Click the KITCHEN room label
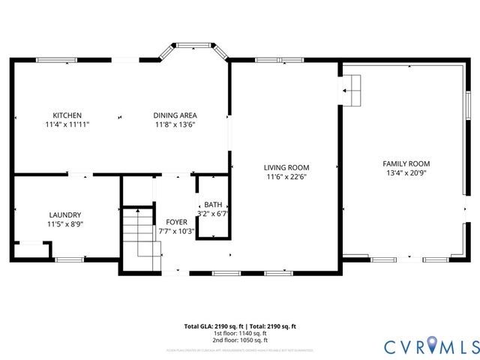pos(67,115)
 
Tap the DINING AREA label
pos(175,115)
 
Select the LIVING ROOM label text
pos(286,167)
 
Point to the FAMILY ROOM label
pos(406,163)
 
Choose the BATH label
pos(212,204)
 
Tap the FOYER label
pos(176,222)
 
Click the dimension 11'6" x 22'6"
pos(286,177)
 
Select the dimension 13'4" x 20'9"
pos(406,172)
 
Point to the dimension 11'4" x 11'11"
pos(67,125)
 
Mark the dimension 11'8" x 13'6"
pos(175,125)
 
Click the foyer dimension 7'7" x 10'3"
pos(176,231)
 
